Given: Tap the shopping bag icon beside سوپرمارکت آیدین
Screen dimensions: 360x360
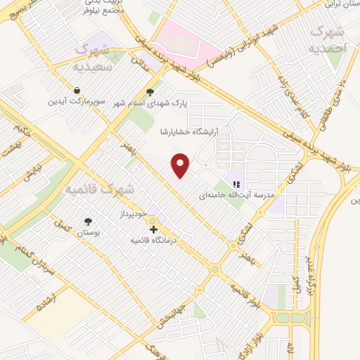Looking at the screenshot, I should [76, 91].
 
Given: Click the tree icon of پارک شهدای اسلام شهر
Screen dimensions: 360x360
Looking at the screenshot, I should [149, 91].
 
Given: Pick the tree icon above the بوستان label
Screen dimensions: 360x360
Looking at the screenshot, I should [87, 221].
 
